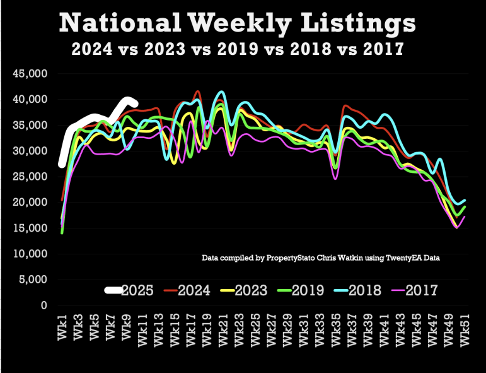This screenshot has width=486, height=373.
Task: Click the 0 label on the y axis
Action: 43,305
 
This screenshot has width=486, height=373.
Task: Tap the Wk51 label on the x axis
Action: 465,328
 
